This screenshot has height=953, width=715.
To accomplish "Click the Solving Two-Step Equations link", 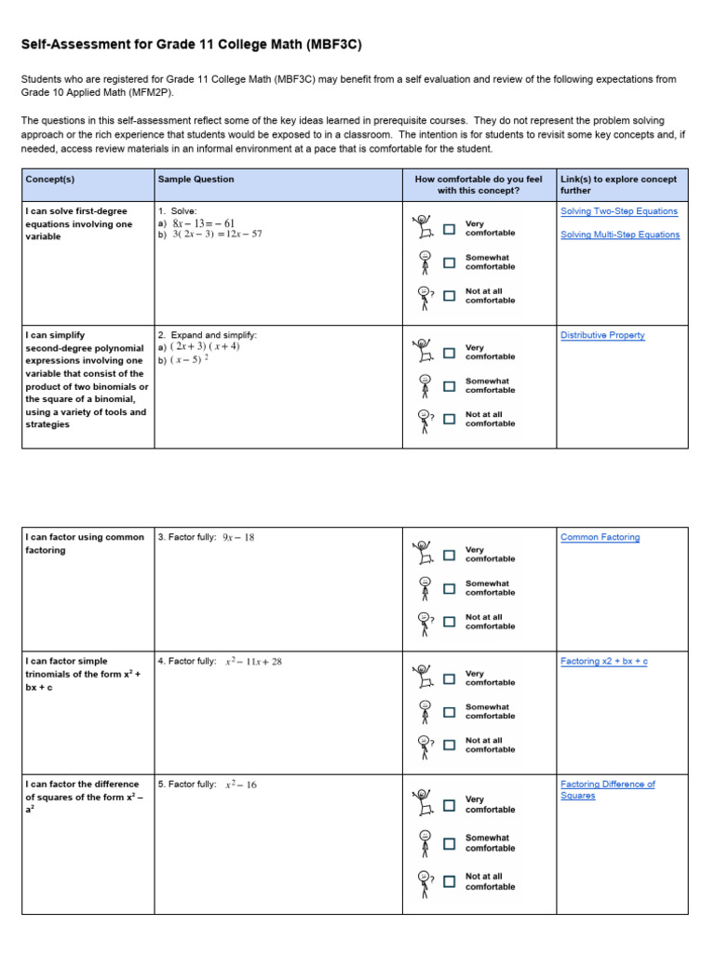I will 619,211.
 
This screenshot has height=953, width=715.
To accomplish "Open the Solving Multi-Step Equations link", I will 620,235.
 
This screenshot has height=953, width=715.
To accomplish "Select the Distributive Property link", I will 602,335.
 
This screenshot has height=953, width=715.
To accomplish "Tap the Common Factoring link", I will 600,537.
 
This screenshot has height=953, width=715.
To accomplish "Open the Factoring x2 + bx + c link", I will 603,661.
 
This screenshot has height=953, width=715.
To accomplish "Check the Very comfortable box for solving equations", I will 450,229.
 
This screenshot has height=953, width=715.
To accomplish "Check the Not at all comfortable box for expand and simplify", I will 450,419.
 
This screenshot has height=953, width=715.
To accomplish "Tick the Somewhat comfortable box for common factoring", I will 450,588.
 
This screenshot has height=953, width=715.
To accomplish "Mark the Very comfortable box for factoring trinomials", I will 450,678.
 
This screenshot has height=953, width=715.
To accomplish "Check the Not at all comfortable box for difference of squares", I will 450,881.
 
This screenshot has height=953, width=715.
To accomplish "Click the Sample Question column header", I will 196,179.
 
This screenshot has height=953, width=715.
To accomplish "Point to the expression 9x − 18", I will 238,538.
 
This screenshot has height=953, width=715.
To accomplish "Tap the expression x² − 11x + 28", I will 253,662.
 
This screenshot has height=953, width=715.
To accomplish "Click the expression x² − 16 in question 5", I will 241,785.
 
